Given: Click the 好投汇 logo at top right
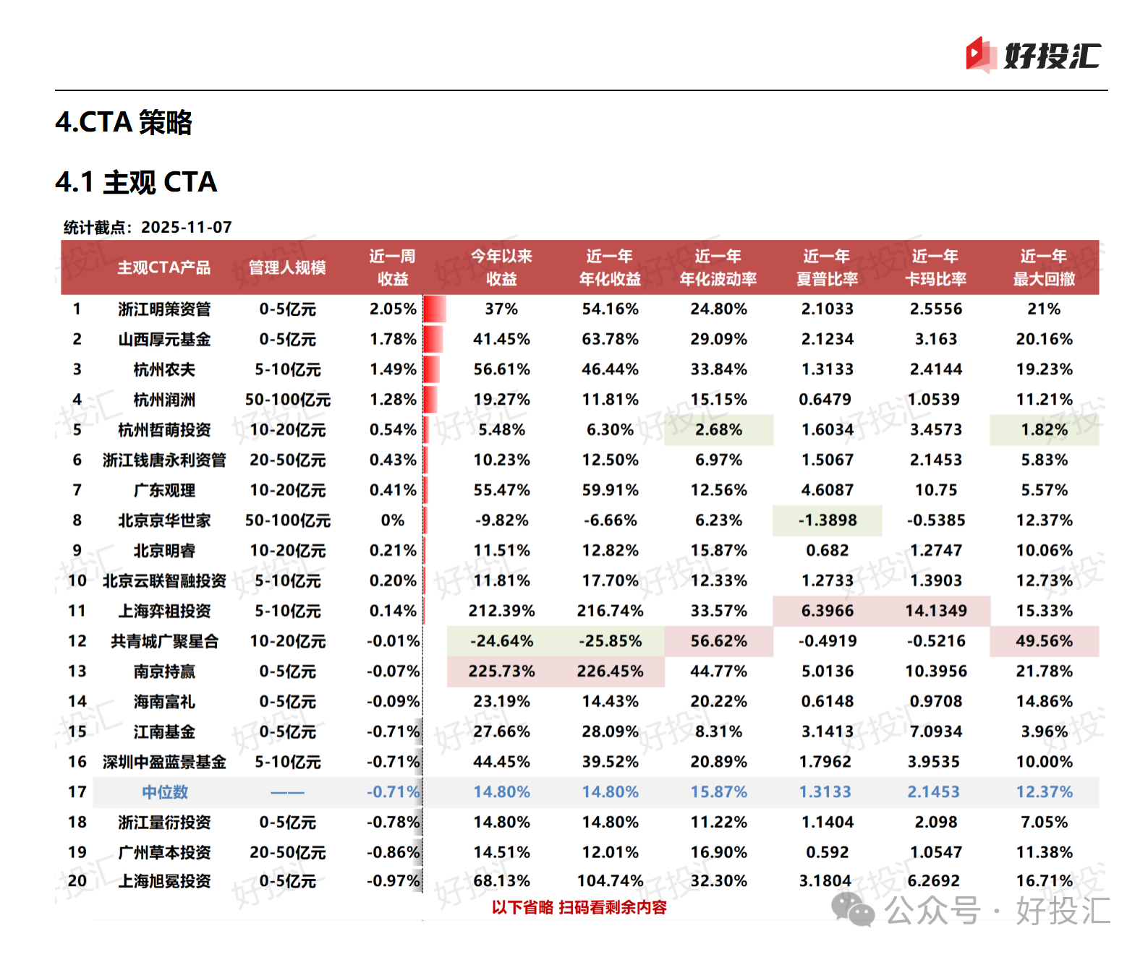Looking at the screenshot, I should pyautogui.click(x=1033, y=56).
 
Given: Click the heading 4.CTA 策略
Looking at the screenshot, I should pyautogui.click(x=124, y=122).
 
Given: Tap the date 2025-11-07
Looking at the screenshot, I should pyautogui.click(x=187, y=227).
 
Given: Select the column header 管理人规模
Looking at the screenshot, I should pyautogui.click(x=287, y=267).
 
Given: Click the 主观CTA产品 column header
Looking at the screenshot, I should pyautogui.click(x=164, y=267).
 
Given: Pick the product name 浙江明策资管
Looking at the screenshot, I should pyautogui.click(x=164, y=309).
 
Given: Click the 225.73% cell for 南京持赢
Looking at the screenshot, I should pyautogui.click(x=501, y=671).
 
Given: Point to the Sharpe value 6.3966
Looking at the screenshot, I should pyautogui.click(x=827, y=611).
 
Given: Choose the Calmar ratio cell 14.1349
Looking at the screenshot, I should pyautogui.click(x=935, y=611).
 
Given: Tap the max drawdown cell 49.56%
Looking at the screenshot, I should pyautogui.click(x=1044, y=641).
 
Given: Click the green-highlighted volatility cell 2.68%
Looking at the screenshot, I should pyautogui.click(x=718, y=430).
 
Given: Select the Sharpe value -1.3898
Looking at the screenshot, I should pyautogui.click(x=827, y=520).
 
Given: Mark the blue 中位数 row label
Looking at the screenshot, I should pyautogui.click(x=164, y=792).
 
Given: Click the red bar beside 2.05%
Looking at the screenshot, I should pyautogui.click(x=435, y=309).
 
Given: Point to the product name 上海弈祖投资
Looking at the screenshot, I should pyautogui.click(x=164, y=611).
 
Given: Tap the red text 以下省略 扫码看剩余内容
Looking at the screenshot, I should pyautogui.click(x=579, y=907).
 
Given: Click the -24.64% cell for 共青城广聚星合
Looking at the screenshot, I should pyautogui.click(x=501, y=641).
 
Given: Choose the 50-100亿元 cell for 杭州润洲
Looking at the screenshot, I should pyautogui.click(x=287, y=400).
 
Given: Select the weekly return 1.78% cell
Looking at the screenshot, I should pyautogui.click(x=393, y=339).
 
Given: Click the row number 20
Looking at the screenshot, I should pyautogui.click(x=77, y=881).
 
